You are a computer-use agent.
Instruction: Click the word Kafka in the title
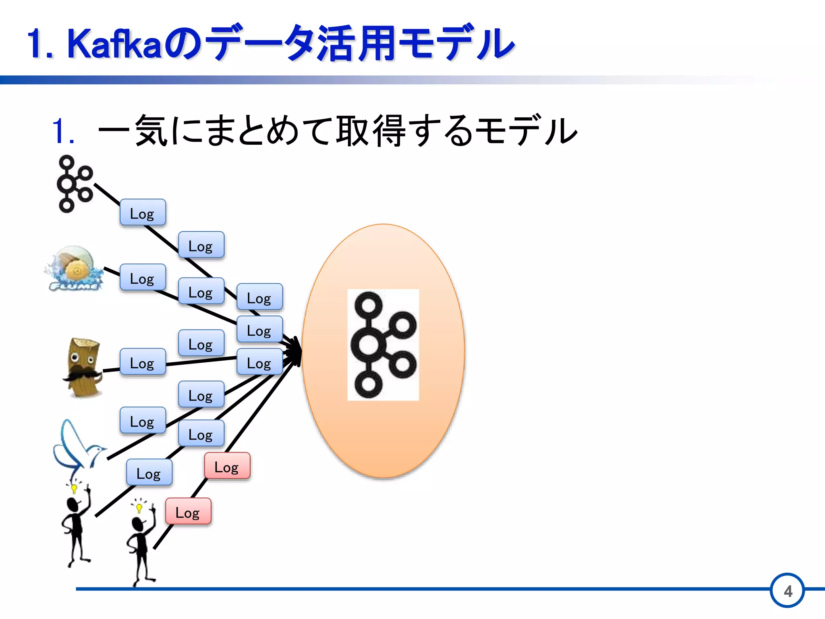coord(115,44)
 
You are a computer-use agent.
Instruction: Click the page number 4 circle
coord(788,591)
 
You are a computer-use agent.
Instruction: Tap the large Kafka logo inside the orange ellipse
coord(383,345)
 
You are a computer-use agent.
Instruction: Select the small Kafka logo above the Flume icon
coord(75,184)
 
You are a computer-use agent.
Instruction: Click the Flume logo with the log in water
coord(75,268)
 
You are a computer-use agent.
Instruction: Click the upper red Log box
coord(227,466)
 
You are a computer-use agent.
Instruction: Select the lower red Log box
coord(188,511)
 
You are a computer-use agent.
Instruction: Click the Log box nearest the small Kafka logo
coord(143,212)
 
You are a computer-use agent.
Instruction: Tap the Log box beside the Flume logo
coord(143,277)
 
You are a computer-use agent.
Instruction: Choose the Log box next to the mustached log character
coord(143,362)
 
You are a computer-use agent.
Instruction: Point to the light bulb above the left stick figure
coord(74,488)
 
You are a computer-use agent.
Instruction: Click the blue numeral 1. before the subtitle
coord(63,131)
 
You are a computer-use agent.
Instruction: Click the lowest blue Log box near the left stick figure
coord(149,472)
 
